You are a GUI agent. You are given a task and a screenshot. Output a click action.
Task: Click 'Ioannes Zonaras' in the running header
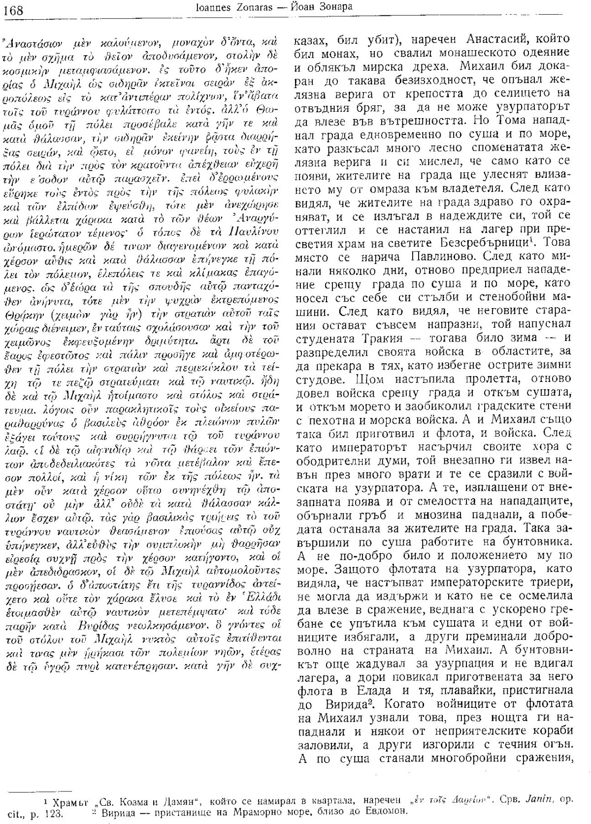tap(236, 8)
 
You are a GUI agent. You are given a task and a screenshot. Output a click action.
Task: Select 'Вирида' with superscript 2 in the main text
tap(334, 703)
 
